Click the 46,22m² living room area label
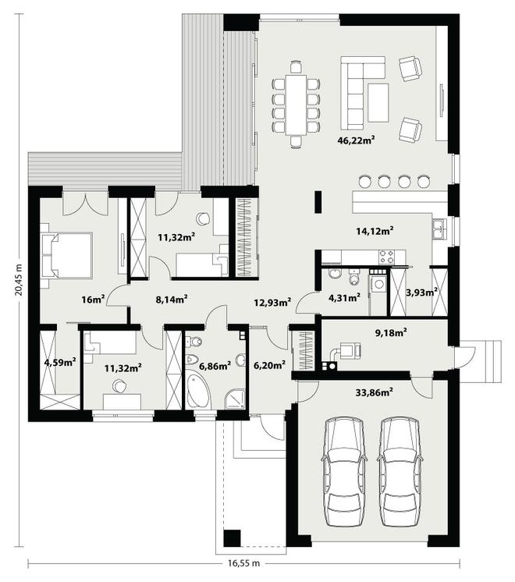356,140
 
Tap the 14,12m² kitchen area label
375,231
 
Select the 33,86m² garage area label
375,392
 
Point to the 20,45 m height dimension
19,280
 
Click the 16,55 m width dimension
243,563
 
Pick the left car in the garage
344,471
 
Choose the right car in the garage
400,471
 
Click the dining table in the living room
296,105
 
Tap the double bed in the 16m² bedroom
67,254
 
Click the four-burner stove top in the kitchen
386,257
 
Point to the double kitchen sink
439,229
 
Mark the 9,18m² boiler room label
391,332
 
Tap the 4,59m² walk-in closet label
60,361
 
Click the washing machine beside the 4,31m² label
378,283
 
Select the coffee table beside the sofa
378,102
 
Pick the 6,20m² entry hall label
269,365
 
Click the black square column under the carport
233,538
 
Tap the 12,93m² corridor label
272,302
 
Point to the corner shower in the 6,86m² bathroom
235,399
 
